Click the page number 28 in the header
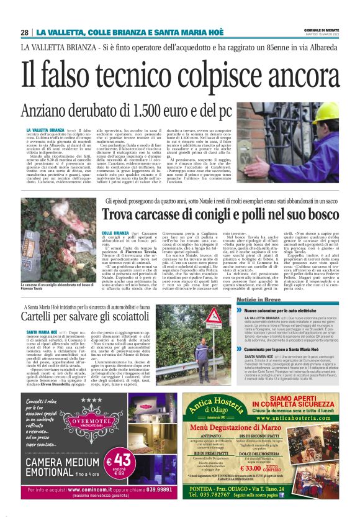click(24, 32)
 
